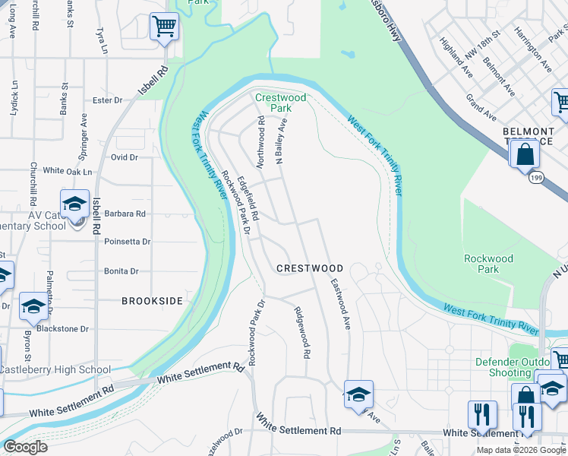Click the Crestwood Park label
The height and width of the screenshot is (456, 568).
tap(280, 103)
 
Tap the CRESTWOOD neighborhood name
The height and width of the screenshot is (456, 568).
tap(310, 268)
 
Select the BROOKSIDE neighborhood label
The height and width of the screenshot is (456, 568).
tap(153, 301)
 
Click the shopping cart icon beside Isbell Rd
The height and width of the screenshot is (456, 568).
tap(164, 28)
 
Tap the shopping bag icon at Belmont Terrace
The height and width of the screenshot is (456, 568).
tap(525, 155)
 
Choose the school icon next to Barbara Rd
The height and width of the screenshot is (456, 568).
tap(75, 205)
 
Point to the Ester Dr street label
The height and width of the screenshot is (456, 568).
tap(107, 100)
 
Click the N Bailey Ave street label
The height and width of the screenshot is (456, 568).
tap(282, 141)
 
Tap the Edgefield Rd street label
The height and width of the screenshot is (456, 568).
tap(248, 198)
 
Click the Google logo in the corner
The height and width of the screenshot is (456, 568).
tap(25, 447)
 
